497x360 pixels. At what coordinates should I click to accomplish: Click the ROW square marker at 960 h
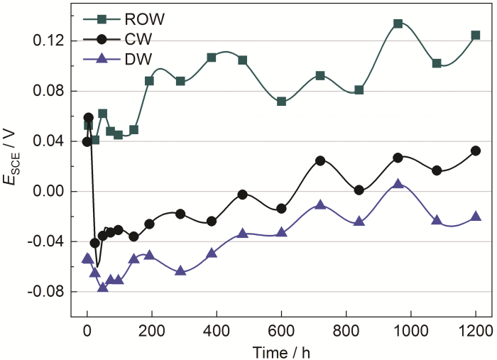(398, 23)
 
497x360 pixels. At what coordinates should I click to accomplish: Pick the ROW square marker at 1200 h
(476, 35)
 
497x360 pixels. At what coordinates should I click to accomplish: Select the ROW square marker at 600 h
(282, 102)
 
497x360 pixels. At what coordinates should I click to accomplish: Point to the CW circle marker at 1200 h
(476, 151)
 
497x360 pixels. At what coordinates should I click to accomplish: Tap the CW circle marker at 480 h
(243, 195)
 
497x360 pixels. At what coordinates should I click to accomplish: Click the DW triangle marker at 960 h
(398, 183)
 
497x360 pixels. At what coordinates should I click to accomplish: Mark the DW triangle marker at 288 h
(180, 271)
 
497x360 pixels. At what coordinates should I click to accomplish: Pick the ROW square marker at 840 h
(359, 90)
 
